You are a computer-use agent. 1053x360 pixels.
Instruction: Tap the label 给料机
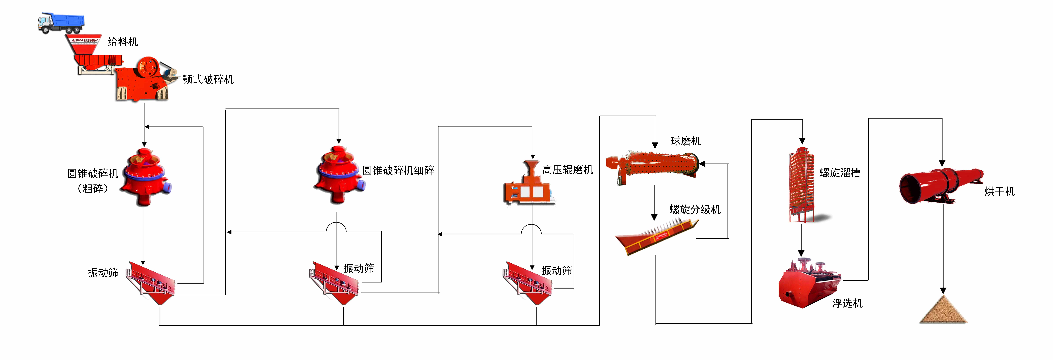[123, 42]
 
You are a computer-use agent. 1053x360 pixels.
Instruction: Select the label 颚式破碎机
[208, 79]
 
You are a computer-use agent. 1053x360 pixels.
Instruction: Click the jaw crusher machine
[143, 80]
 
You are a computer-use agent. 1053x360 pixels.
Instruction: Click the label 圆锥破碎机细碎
[398, 170]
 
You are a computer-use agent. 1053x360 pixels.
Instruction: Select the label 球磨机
[686, 141]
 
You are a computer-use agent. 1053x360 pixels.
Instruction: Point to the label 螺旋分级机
[695, 210]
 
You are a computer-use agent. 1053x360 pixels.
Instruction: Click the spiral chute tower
[801, 184]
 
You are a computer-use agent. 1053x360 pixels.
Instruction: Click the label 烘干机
[1000, 191]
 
